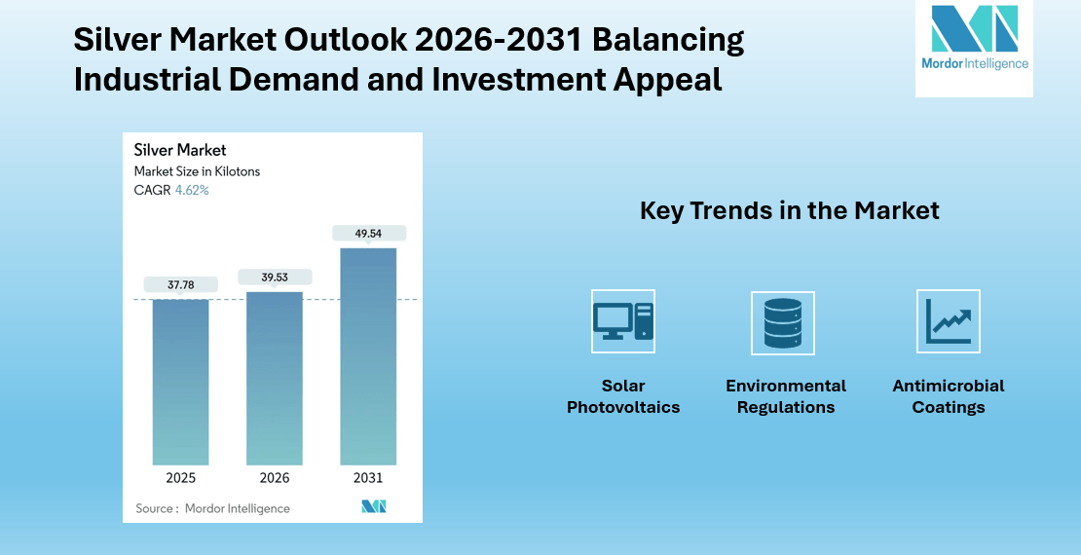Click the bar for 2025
[x=180, y=382]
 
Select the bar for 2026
[x=274, y=378]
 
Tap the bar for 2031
[x=368, y=356]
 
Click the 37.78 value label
[x=180, y=285]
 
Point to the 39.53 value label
[x=274, y=277]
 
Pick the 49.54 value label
[x=368, y=234]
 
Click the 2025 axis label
[x=180, y=478]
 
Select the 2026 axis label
[x=274, y=478]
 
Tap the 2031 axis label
[x=368, y=478]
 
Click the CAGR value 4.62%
[x=192, y=191]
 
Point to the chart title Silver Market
[x=180, y=150]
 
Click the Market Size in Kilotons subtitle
[x=197, y=171]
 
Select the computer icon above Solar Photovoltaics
[x=623, y=321]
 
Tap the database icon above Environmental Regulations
[x=783, y=321]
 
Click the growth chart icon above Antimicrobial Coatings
[x=948, y=321]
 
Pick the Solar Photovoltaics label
[x=623, y=396]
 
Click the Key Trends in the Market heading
[x=789, y=210]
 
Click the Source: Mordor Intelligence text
[x=212, y=508]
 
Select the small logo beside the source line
[x=374, y=506]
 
